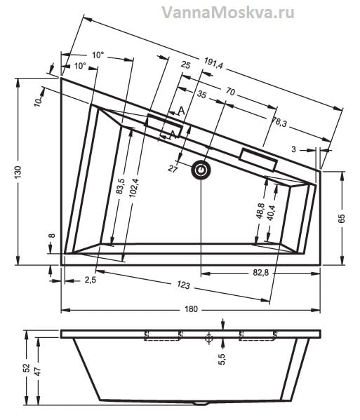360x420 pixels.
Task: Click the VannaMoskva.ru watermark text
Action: pyautogui.click(x=228, y=13)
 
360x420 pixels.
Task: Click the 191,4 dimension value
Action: pyautogui.click(x=213, y=64)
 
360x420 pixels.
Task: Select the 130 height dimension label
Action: pyautogui.click(x=18, y=172)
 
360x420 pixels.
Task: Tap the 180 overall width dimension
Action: pyautogui.click(x=191, y=309)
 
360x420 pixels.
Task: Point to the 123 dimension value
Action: pyautogui.click(x=183, y=285)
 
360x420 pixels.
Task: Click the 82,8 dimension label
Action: pyautogui.click(x=260, y=273)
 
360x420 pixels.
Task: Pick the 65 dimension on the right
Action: pyautogui.click(x=342, y=218)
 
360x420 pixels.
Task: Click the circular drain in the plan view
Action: pyautogui.click(x=201, y=170)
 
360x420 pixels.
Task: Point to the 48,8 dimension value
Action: pyautogui.click(x=260, y=211)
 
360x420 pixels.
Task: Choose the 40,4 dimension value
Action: pyautogui.click(x=272, y=212)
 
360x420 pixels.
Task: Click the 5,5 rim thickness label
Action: pyautogui.click(x=222, y=359)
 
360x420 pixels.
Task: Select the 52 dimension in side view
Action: pyautogui.click(x=26, y=368)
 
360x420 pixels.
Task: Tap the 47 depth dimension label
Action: pyautogui.click(x=38, y=371)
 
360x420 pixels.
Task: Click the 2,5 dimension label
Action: pyautogui.click(x=91, y=280)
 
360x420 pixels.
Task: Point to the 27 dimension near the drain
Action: pyautogui.click(x=173, y=169)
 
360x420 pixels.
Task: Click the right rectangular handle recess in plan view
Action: pyautogui.click(x=258, y=159)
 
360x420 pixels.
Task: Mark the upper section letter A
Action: pyautogui.click(x=182, y=111)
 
